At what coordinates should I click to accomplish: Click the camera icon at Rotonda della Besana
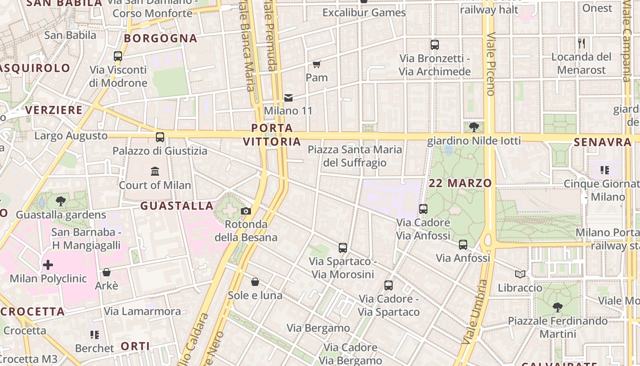pyautogui.click(x=246, y=211)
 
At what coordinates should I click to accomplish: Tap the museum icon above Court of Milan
pyautogui.click(x=155, y=172)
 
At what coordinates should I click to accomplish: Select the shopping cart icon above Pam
pyautogui.click(x=317, y=64)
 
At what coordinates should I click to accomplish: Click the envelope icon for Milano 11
pyautogui.click(x=288, y=97)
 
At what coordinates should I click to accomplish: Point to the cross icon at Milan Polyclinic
pyautogui.click(x=48, y=265)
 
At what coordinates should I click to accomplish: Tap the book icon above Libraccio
pyautogui.click(x=520, y=274)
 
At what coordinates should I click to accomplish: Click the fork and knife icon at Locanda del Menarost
pyautogui.click(x=581, y=43)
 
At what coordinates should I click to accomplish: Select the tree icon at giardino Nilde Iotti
pyautogui.click(x=474, y=127)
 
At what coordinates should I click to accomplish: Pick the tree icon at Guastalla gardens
pyautogui.click(x=60, y=201)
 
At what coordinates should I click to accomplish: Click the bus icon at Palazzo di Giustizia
pyautogui.click(x=160, y=137)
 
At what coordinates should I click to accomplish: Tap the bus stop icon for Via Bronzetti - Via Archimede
pyautogui.click(x=434, y=45)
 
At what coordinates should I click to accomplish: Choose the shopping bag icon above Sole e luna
pyautogui.click(x=255, y=282)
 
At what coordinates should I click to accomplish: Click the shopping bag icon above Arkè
pyautogui.click(x=107, y=272)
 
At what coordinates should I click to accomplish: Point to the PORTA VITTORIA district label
pyautogui.click(x=272, y=135)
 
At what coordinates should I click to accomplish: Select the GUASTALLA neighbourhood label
pyautogui.click(x=177, y=206)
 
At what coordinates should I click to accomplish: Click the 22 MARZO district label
pyautogui.click(x=460, y=183)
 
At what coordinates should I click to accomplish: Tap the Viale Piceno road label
pyautogui.click(x=491, y=64)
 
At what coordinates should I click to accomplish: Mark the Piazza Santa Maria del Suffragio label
pyautogui.click(x=355, y=156)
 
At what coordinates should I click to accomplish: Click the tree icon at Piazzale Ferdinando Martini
pyautogui.click(x=557, y=307)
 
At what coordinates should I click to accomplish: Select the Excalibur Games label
pyautogui.click(x=364, y=12)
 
